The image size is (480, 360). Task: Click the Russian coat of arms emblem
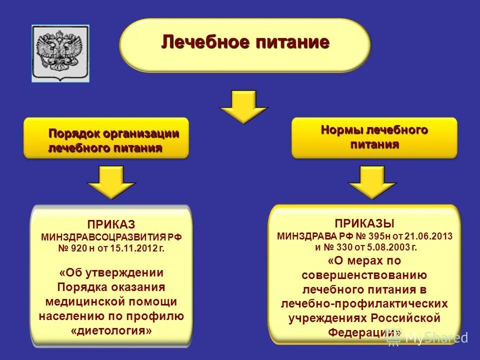coord(61,53)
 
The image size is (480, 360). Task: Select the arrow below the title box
coord(244,106)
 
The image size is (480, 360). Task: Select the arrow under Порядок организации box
coord(111,183)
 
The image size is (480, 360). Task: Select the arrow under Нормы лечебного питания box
coord(372,183)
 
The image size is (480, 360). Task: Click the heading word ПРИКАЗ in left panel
coord(111,225)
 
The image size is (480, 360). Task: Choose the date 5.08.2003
coord(386,247)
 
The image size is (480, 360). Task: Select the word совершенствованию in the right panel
coord(364,275)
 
